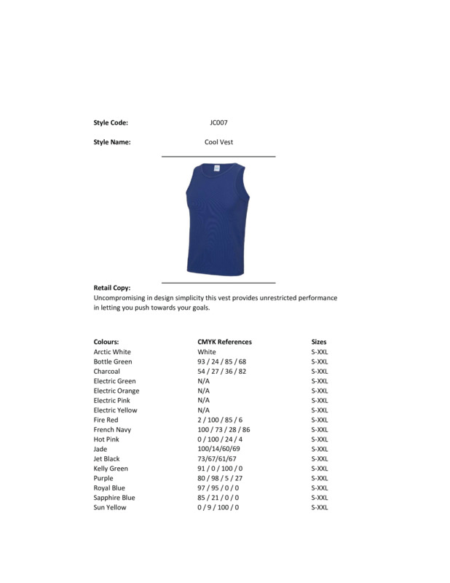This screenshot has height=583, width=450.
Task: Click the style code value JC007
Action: point(218,123)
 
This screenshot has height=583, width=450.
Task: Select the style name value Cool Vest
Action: point(218,143)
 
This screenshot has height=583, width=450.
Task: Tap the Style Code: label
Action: point(111,123)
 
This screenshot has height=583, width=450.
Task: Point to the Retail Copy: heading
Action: point(112,289)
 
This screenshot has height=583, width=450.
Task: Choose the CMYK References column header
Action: point(224,342)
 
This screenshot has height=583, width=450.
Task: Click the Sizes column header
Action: point(319,342)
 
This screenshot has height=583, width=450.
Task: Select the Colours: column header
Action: point(106,342)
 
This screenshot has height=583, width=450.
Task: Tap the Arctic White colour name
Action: point(112,352)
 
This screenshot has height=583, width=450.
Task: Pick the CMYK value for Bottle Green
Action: point(222,361)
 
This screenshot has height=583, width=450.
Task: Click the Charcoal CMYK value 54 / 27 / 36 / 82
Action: point(222,372)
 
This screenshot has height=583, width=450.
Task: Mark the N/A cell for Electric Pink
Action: point(203,401)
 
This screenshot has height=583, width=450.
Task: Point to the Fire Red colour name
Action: point(106,420)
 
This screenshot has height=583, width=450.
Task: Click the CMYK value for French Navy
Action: point(224,430)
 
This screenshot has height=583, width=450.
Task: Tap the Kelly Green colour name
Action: point(111,469)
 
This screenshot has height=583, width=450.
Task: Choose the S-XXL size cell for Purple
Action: point(320,479)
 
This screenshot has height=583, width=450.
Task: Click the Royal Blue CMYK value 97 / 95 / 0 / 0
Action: point(218,488)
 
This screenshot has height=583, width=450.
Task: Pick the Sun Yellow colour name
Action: point(110,508)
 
